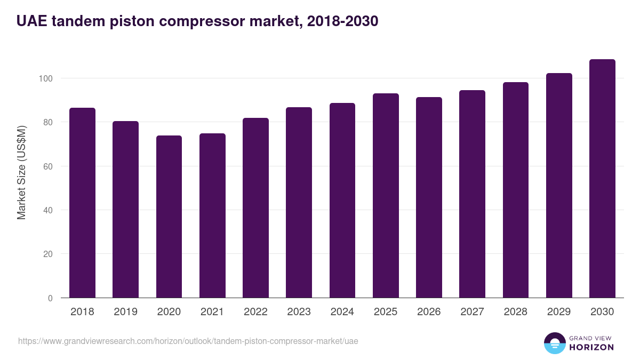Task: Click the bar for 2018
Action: pyautogui.click(x=82, y=203)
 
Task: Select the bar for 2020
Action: pyautogui.click(x=169, y=217)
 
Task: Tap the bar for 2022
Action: pyautogui.click(x=255, y=208)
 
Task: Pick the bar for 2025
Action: pyautogui.click(x=386, y=196)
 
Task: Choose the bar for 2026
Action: pyautogui.click(x=429, y=197)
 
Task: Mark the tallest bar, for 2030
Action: pyautogui.click(x=602, y=179)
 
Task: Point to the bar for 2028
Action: pyautogui.click(x=516, y=190)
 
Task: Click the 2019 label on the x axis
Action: pyautogui.click(x=125, y=312)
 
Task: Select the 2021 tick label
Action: pyautogui.click(x=212, y=312)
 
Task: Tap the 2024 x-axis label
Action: pyautogui.click(x=342, y=312)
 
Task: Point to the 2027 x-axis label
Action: pyautogui.click(x=472, y=312)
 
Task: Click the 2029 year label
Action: pyautogui.click(x=559, y=312)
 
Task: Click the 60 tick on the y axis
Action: pyautogui.click(x=48, y=166)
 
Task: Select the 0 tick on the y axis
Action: pyautogui.click(x=50, y=298)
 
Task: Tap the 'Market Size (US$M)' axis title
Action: pyautogui.click(x=21, y=172)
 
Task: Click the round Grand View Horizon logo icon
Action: pyautogui.click(x=554, y=343)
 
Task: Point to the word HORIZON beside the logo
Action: pyautogui.click(x=591, y=347)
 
